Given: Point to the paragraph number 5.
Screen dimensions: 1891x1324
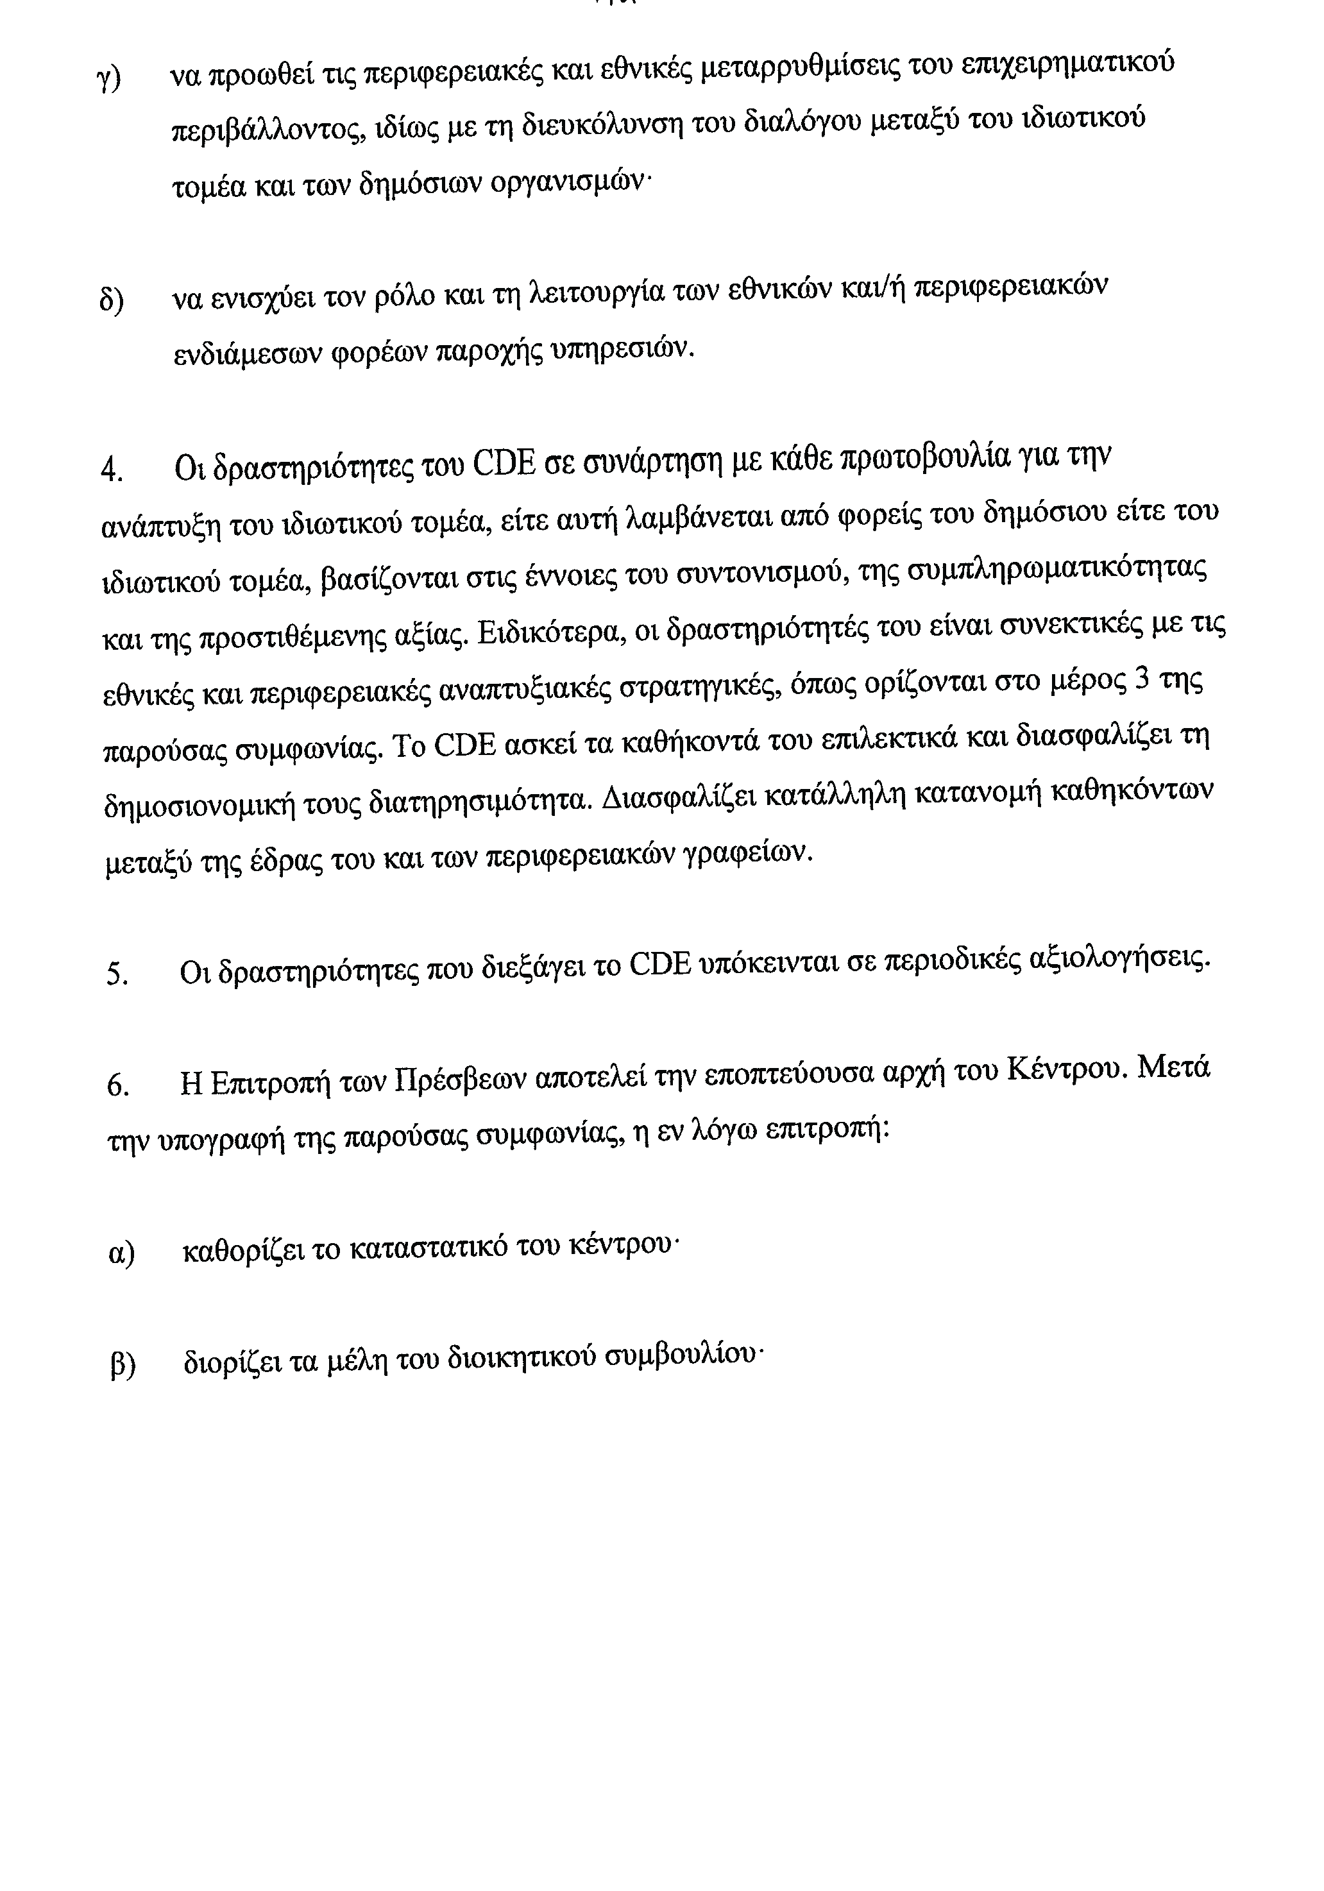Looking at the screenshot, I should coord(117,975).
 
